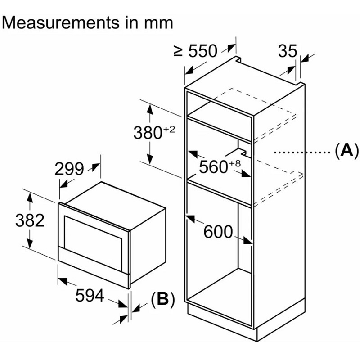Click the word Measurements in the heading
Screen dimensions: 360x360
coord(61,23)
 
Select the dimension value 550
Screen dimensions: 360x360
coord(202,51)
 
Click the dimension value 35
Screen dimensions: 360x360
coord(288,51)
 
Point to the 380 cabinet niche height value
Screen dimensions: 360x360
coord(148,133)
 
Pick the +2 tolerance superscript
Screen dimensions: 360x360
coord(170,130)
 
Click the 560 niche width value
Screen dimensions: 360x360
coord(213,167)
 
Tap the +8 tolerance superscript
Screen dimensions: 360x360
coord(234,163)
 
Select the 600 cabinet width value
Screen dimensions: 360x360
coord(218,232)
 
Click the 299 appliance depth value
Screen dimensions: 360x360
coord(69,169)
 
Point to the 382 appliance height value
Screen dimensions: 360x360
coord(30,220)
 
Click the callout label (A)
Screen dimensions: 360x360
coord(346,150)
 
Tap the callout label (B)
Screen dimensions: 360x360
coord(163,299)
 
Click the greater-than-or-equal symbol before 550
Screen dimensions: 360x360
coord(178,51)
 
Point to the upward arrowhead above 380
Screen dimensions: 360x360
coord(150,109)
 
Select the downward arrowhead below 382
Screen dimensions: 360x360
coord(30,243)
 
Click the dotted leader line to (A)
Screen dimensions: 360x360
coord(302,152)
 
